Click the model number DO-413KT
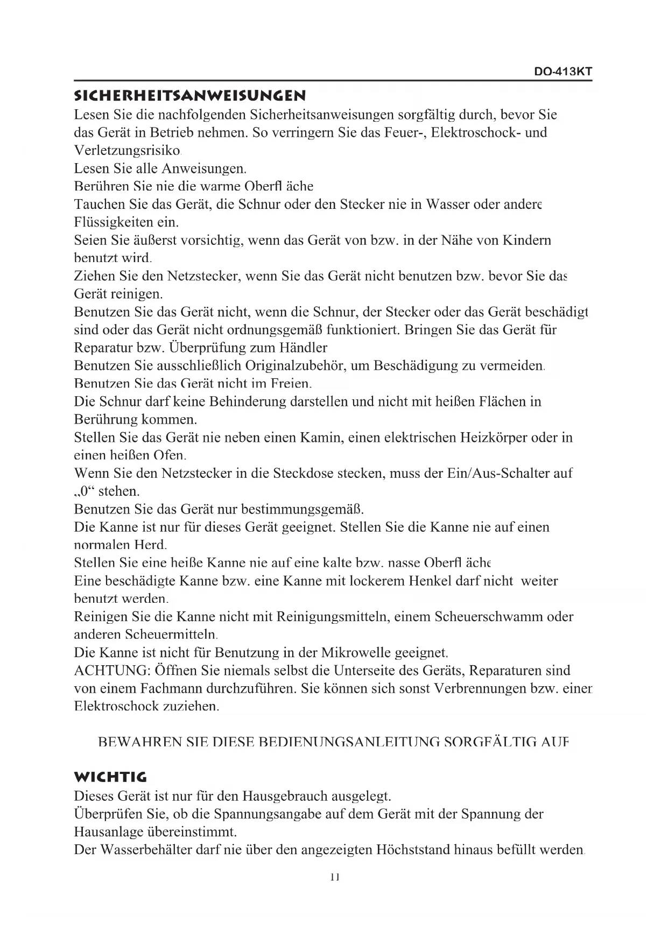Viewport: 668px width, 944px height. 563,72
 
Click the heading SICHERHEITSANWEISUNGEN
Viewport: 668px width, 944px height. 190,96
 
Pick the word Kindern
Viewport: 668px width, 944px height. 526,241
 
